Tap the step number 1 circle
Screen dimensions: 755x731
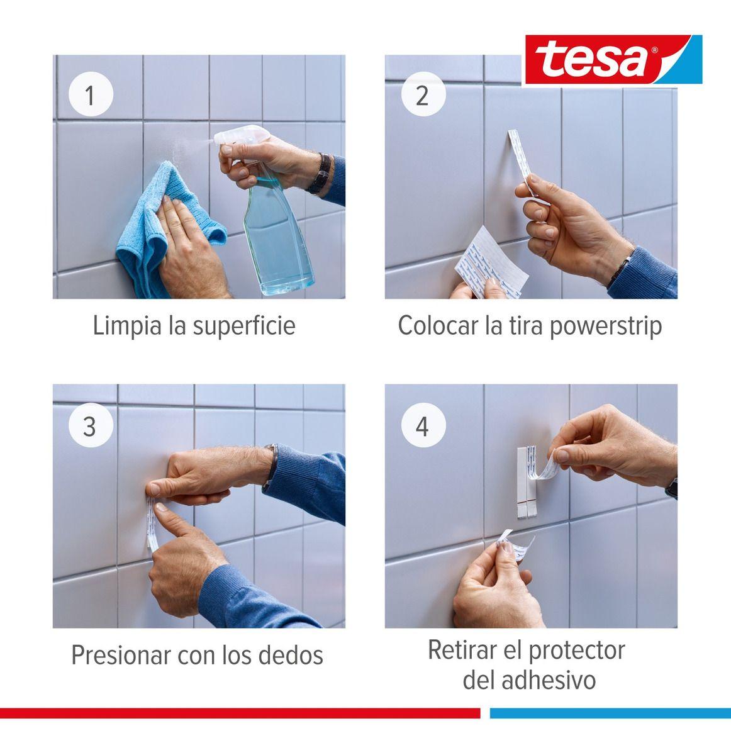click(90, 96)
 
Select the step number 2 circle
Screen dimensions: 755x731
click(423, 96)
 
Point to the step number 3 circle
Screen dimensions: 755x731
click(90, 426)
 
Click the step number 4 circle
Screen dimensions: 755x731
click(423, 426)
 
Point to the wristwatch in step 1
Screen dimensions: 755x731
click(321, 173)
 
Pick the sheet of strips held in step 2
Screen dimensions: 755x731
click(491, 261)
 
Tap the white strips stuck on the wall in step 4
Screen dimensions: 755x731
click(527, 484)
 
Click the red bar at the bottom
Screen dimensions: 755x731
click(239, 713)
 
